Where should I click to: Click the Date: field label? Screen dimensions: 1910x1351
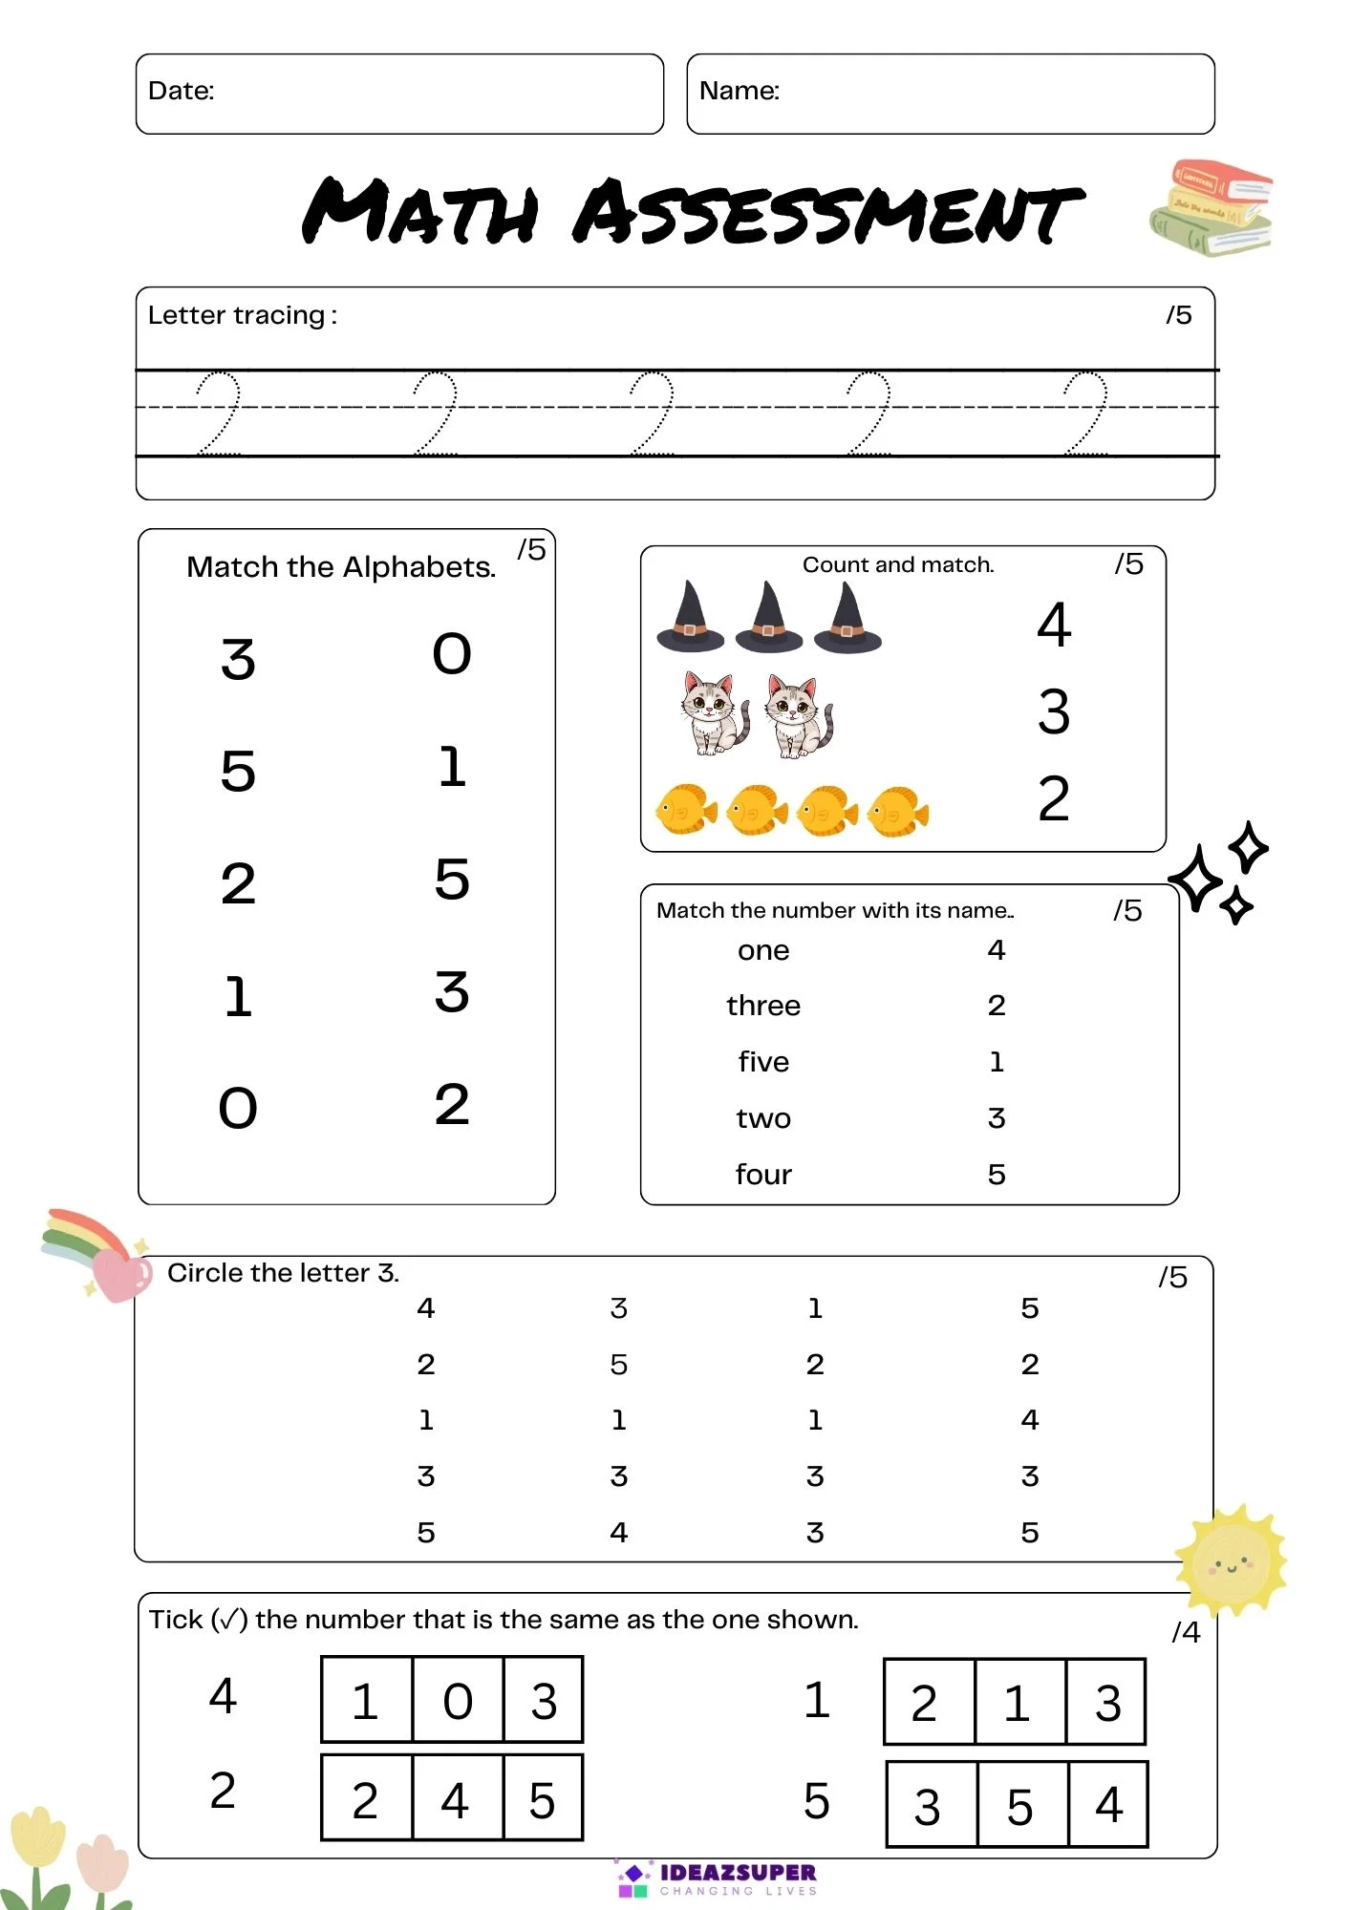pos(181,91)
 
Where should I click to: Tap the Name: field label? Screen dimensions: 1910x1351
pos(739,91)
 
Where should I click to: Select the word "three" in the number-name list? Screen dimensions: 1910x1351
pos(762,1006)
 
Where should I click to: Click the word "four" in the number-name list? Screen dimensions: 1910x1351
pos(762,1175)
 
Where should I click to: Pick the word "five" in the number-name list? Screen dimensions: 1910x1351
pos(762,1062)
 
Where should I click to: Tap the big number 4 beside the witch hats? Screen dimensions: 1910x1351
pos(1054,626)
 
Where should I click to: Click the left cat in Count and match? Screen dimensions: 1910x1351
pos(714,713)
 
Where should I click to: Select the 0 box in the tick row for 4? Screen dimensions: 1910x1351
pos(458,1702)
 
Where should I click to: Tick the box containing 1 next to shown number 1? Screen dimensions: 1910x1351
pos(1018,1704)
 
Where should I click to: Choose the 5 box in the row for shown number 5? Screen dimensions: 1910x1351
pos(1020,1806)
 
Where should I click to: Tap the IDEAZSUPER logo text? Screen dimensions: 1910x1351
pos(738,1873)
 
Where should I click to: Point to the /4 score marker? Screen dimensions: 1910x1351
pos(1186,1632)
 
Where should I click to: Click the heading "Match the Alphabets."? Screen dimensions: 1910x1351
pos(341,567)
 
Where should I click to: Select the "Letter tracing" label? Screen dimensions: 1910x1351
pos(237,315)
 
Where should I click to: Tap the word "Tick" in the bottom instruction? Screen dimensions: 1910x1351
pos(176,1620)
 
